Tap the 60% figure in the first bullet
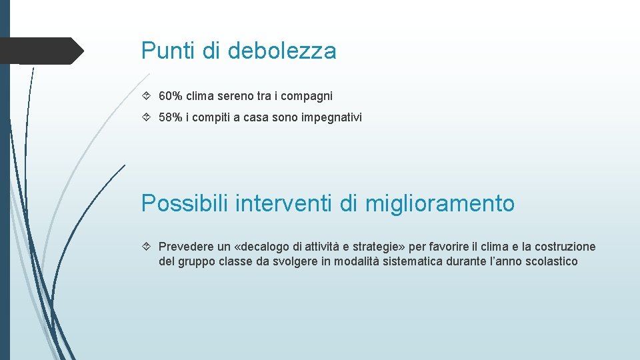(x=171, y=96)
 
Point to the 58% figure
(x=171, y=117)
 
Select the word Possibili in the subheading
(x=185, y=203)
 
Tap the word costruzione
(x=563, y=247)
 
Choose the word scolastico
(x=545, y=261)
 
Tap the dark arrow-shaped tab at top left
(x=43, y=51)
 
